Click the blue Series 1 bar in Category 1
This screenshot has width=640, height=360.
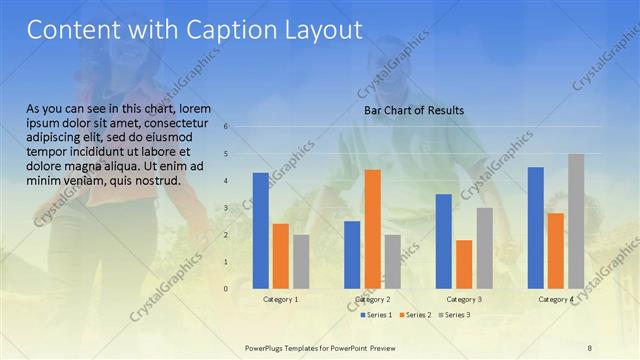[261, 230]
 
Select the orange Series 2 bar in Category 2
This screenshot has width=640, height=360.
[372, 229]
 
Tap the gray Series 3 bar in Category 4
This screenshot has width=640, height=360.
[576, 221]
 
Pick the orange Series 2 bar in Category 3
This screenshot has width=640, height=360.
[464, 264]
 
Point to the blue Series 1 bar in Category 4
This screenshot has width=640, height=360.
[536, 228]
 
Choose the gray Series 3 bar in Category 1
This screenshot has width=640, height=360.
[301, 261]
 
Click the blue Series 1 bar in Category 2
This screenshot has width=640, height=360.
[352, 255]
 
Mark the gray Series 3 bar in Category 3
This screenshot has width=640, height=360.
[484, 248]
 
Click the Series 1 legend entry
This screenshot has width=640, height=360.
[375, 315]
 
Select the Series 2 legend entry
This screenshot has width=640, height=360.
[415, 315]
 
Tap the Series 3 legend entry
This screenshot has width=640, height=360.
[454, 315]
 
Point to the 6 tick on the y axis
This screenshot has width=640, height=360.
[227, 127]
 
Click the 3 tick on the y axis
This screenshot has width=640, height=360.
[227, 208]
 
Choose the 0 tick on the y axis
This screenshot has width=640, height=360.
[227, 289]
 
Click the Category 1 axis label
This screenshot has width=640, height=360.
[281, 299]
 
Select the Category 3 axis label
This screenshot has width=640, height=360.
[464, 299]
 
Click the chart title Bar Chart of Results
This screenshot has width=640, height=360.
[413, 110]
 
